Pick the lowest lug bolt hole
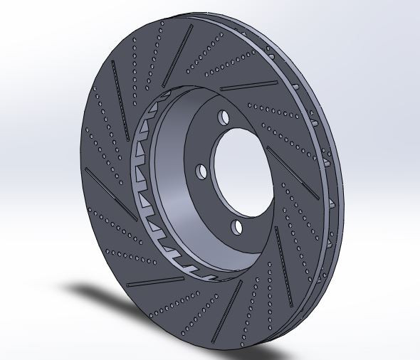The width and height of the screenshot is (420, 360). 237,227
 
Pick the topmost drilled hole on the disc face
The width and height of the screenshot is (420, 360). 162,23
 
